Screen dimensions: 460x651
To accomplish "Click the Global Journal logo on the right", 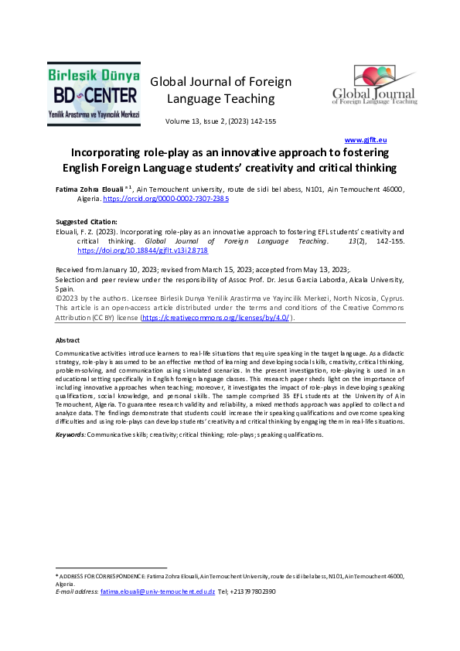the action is pyautogui.click(x=374, y=85).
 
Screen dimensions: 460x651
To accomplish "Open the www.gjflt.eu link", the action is pyautogui.click(x=366, y=139).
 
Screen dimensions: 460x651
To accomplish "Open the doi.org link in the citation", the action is pyautogui.click(x=143, y=251).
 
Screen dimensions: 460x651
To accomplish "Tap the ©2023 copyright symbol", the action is pyautogui.click(x=59, y=298).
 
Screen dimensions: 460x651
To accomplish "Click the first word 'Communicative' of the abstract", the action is pyautogui.click(x=77, y=352).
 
